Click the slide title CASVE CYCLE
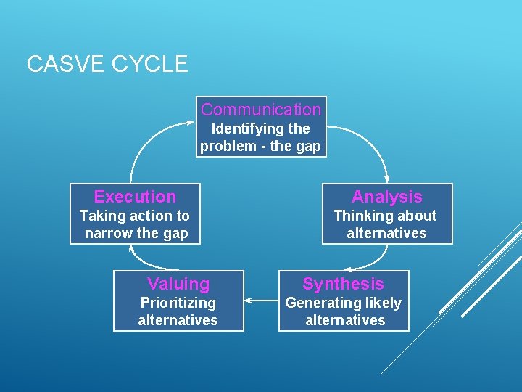pyautogui.click(x=107, y=64)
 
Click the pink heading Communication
pyautogui.click(x=261, y=110)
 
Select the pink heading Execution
pyautogui.click(x=135, y=197)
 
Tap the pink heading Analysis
pyautogui.click(x=386, y=197)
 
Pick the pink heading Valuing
pyautogui.click(x=178, y=284)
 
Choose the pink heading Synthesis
pyautogui.click(x=343, y=284)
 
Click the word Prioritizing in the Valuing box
pyautogui.click(x=178, y=303)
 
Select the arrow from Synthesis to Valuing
pyautogui.click(x=261, y=299)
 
